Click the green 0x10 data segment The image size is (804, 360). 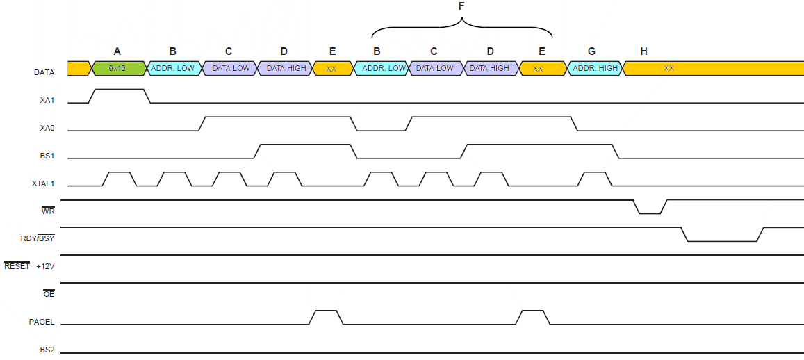(x=117, y=68)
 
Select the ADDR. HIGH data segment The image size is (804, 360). (x=595, y=68)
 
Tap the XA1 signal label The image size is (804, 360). (x=47, y=101)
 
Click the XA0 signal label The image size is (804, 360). (x=47, y=129)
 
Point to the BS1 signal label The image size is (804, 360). (x=47, y=156)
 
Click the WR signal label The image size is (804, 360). (x=49, y=211)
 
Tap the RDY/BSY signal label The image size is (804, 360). (x=38, y=238)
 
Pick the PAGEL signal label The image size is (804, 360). (x=42, y=322)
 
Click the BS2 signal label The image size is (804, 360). (x=47, y=350)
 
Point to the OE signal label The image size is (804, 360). (x=49, y=294)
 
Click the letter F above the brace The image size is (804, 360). (x=461, y=6)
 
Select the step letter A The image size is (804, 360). (x=117, y=51)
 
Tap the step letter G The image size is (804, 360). (x=591, y=51)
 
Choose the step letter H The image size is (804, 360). (x=644, y=51)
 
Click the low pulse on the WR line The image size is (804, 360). (x=649, y=212)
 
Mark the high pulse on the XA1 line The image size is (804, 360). (x=118, y=90)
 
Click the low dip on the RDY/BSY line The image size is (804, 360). (x=721, y=240)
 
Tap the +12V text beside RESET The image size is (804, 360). (x=45, y=266)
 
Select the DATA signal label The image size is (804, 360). (x=45, y=72)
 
